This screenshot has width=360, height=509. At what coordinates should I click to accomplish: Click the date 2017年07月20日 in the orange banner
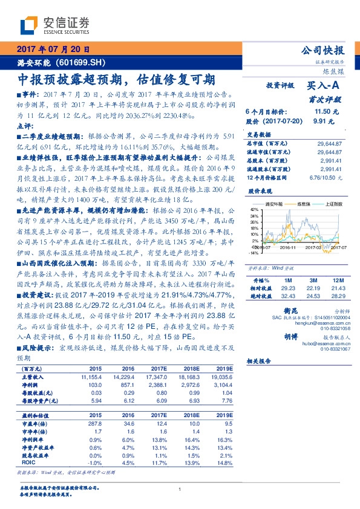click(x=53, y=50)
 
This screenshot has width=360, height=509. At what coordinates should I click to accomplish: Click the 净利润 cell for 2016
click(x=129, y=384)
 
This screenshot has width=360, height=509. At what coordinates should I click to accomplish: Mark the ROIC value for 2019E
click(x=225, y=462)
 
